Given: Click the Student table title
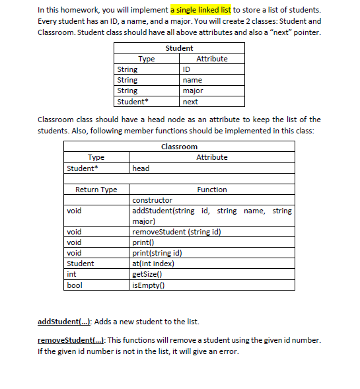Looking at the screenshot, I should [x=179, y=48].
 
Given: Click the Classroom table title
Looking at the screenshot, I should [x=179, y=147].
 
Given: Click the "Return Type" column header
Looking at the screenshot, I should [x=96, y=190].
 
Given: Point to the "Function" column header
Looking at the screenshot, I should [x=212, y=190].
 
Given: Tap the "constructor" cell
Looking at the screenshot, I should [x=153, y=200].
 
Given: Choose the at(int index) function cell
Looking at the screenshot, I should [x=153, y=264].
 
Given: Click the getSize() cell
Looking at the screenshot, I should [x=146, y=274].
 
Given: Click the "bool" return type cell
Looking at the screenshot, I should [x=73, y=285].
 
